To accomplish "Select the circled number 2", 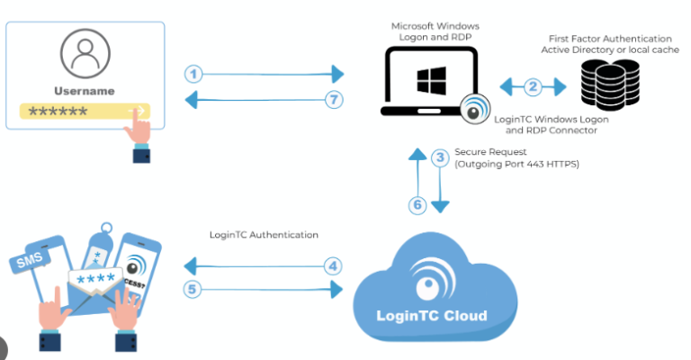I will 533,87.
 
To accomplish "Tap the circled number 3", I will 440,158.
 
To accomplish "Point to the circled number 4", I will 333,266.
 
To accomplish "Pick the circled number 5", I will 194,290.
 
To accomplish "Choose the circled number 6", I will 417,205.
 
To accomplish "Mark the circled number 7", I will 334,99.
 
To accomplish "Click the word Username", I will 85,91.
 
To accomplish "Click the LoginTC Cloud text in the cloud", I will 433,316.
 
